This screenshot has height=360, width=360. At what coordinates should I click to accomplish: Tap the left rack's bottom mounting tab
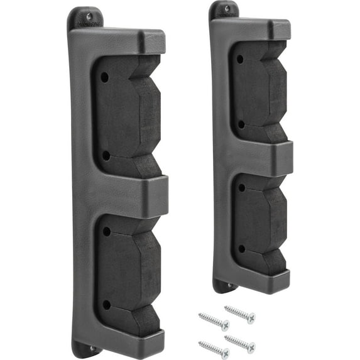click(87, 347)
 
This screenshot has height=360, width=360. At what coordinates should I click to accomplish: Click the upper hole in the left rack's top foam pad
click(104, 76)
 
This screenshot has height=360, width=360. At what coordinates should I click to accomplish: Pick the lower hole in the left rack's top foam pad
click(106, 155)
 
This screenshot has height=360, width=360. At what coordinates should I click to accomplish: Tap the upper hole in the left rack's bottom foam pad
click(106, 231)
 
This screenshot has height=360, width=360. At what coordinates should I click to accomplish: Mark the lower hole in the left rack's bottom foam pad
click(106, 305)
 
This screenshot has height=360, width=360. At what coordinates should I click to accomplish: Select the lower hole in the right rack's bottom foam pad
click(241, 249)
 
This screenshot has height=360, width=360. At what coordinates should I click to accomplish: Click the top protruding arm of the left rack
click(151, 41)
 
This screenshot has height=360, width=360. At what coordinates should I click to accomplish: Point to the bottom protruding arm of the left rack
click(151, 339)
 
